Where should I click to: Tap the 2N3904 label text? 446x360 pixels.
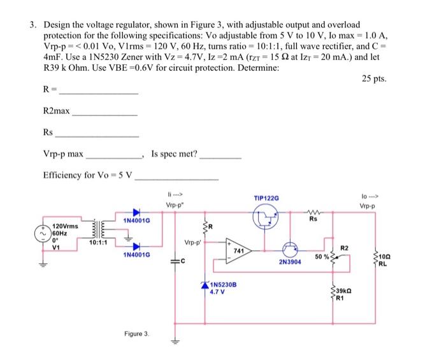point(290,262)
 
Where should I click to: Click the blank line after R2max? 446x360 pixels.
point(105,114)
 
